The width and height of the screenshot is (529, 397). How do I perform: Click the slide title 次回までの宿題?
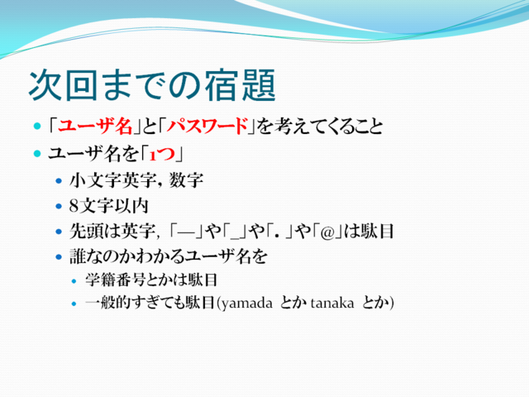pyautogui.click(x=152, y=85)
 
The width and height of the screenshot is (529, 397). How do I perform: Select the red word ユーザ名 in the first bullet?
pyautogui.click(x=95, y=127)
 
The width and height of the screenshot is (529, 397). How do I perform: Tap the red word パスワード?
pyautogui.click(x=207, y=127)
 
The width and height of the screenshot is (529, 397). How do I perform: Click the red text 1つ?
pyautogui.click(x=162, y=155)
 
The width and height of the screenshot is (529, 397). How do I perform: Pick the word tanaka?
pyautogui.click(x=332, y=303)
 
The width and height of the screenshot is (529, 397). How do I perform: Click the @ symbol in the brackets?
pyautogui.click(x=327, y=232)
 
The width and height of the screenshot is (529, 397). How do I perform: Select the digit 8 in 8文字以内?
pyautogui.click(x=74, y=206)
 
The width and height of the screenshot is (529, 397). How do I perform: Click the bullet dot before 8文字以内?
pyautogui.click(x=59, y=206)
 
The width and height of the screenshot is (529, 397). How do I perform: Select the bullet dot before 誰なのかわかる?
pyautogui.click(x=59, y=257)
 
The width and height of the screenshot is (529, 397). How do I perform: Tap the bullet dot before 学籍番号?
pyautogui.click(x=74, y=280)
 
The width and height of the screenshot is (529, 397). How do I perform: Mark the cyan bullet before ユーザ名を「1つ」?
pyautogui.click(x=37, y=154)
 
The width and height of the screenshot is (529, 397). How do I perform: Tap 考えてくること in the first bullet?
pyautogui.click(x=320, y=127)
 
